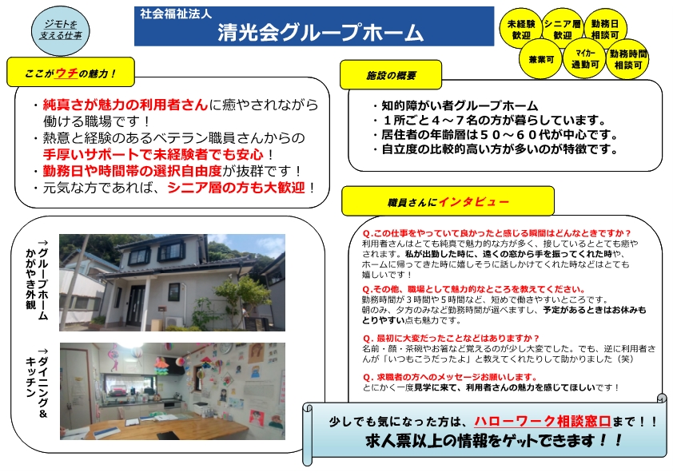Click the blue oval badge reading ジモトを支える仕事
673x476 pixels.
[61, 31]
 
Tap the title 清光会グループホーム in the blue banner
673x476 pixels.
[321, 32]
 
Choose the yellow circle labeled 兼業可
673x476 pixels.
[541, 59]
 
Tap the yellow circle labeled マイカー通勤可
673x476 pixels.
[584, 59]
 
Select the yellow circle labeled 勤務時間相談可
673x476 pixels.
[628, 59]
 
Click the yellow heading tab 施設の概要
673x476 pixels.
[391, 75]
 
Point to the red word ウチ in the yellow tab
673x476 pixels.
[66, 73]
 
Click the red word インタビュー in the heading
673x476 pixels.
[473, 201]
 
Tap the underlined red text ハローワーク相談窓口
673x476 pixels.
[543, 421]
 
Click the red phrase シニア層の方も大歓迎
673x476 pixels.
[236, 188]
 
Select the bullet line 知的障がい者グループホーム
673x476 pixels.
[456, 105]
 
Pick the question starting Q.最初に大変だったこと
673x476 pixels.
[451, 338]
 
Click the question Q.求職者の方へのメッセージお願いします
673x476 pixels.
[450, 377]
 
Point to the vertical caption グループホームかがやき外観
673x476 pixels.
[37, 280]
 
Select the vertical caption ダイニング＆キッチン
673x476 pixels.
[37, 382]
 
